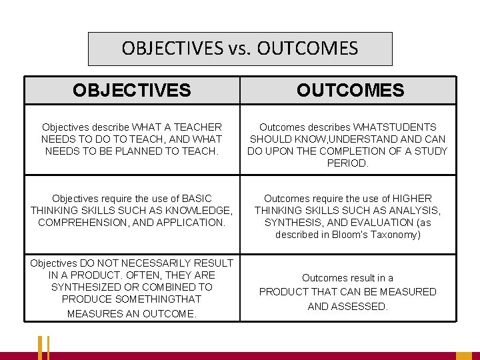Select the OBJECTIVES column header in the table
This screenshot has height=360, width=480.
[132, 90]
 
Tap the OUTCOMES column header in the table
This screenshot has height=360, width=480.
[351, 90]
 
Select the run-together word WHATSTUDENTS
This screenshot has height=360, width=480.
[396, 127]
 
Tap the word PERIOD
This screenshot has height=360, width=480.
[347, 163]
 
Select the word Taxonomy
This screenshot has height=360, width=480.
[397, 234]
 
